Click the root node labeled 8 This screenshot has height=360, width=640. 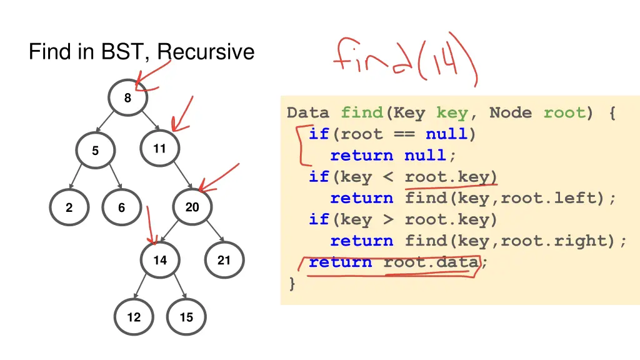point(127,98)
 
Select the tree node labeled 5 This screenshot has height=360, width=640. point(95,151)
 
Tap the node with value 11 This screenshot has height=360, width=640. point(160,149)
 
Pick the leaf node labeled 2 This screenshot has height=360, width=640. point(69,207)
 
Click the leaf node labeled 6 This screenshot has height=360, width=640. point(121,207)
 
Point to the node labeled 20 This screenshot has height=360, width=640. point(192,207)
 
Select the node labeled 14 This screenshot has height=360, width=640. point(160,260)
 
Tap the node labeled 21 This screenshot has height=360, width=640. point(224,260)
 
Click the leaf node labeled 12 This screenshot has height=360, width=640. point(134,317)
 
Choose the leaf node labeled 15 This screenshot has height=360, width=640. point(186,317)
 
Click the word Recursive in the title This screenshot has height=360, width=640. point(206,51)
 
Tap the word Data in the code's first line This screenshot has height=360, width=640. point(307,113)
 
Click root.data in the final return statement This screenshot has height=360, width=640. point(431,262)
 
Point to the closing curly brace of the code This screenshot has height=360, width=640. point(292,283)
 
